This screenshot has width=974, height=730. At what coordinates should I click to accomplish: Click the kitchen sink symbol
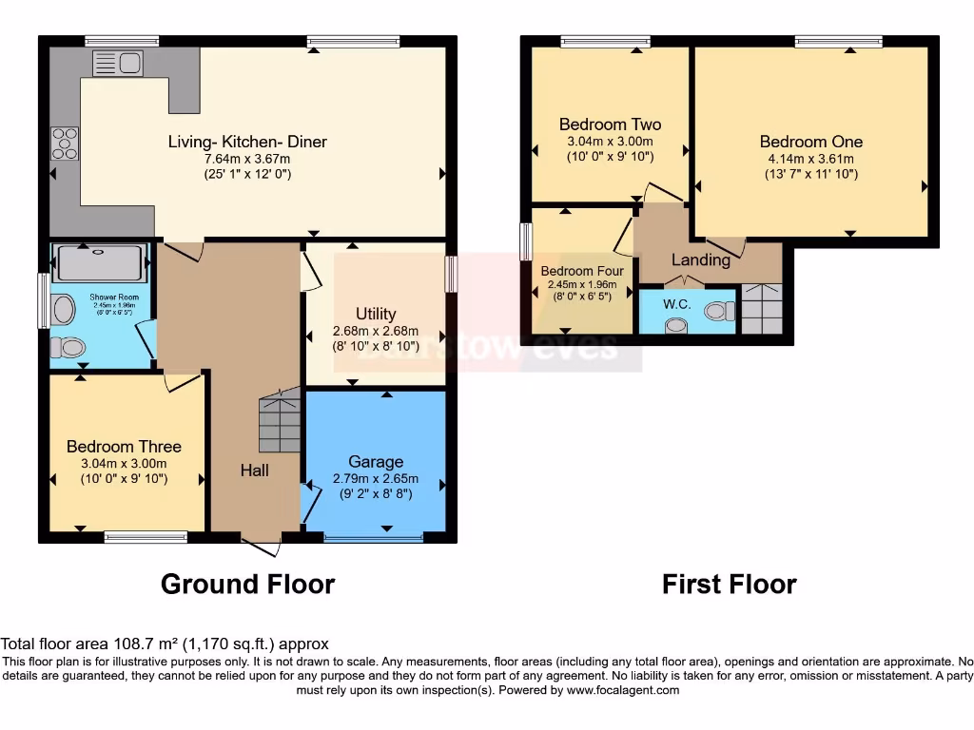(x=116, y=64)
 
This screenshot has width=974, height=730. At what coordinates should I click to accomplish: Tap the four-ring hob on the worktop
(x=66, y=143)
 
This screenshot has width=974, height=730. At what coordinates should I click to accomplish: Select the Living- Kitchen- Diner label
(x=247, y=142)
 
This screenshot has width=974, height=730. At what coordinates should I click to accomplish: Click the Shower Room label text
(x=114, y=297)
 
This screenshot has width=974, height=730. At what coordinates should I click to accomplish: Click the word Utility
(x=376, y=314)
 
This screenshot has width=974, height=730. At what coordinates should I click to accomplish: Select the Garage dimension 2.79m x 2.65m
(x=376, y=478)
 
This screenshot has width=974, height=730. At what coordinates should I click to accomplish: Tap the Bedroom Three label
(x=124, y=447)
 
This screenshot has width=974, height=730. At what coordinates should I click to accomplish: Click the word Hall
(x=254, y=470)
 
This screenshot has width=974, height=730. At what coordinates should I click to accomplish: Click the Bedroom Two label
(x=610, y=125)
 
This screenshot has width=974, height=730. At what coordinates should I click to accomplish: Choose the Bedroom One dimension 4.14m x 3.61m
(x=811, y=159)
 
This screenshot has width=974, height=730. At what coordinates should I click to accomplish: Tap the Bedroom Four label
(x=582, y=271)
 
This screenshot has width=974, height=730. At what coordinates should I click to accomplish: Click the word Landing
(x=701, y=259)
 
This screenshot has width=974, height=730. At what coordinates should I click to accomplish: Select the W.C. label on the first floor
(x=677, y=304)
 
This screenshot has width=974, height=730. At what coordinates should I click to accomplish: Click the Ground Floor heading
(x=247, y=583)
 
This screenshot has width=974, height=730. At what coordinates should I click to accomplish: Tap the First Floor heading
(x=729, y=583)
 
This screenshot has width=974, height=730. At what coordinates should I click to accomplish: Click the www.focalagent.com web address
(x=622, y=690)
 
